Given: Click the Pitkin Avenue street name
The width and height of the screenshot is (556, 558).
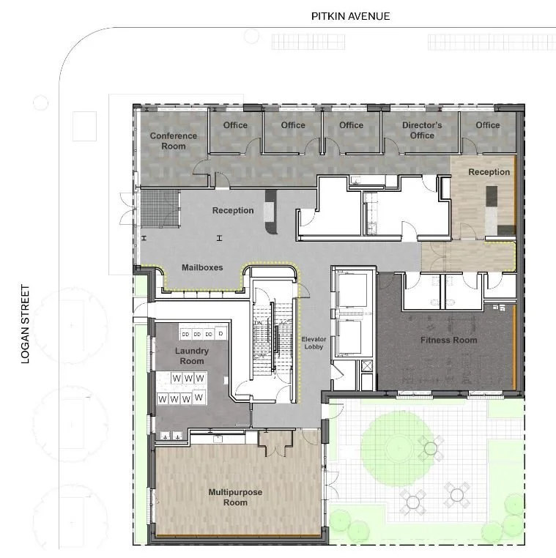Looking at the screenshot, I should (350, 16).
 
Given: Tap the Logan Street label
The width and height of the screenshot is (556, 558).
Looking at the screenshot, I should (26, 324).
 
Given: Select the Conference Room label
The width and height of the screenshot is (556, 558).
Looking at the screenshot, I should (173, 141).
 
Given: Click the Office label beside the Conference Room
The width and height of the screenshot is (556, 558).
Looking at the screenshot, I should (235, 125).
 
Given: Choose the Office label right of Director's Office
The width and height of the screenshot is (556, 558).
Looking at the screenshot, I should (487, 125).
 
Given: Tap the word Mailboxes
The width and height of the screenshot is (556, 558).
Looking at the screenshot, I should (202, 268).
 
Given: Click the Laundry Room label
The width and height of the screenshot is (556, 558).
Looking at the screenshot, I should (192, 356).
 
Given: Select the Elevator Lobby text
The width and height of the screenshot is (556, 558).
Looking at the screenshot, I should (313, 343).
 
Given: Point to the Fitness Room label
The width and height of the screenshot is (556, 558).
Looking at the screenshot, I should (448, 341).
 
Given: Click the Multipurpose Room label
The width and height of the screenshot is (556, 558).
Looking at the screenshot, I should (235, 497).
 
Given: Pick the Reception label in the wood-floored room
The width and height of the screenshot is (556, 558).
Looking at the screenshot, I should (489, 172).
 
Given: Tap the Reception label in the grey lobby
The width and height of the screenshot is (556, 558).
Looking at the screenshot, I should (233, 211).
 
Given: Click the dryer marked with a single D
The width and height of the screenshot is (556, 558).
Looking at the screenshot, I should (220, 334).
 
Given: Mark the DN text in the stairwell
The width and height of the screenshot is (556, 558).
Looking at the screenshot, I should (258, 323).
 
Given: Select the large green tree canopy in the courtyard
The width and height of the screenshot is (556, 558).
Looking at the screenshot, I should (394, 443).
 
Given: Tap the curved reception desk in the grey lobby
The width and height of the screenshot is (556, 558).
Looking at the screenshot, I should (271, 212).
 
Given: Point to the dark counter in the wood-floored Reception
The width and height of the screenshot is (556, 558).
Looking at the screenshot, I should (491, 196).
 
